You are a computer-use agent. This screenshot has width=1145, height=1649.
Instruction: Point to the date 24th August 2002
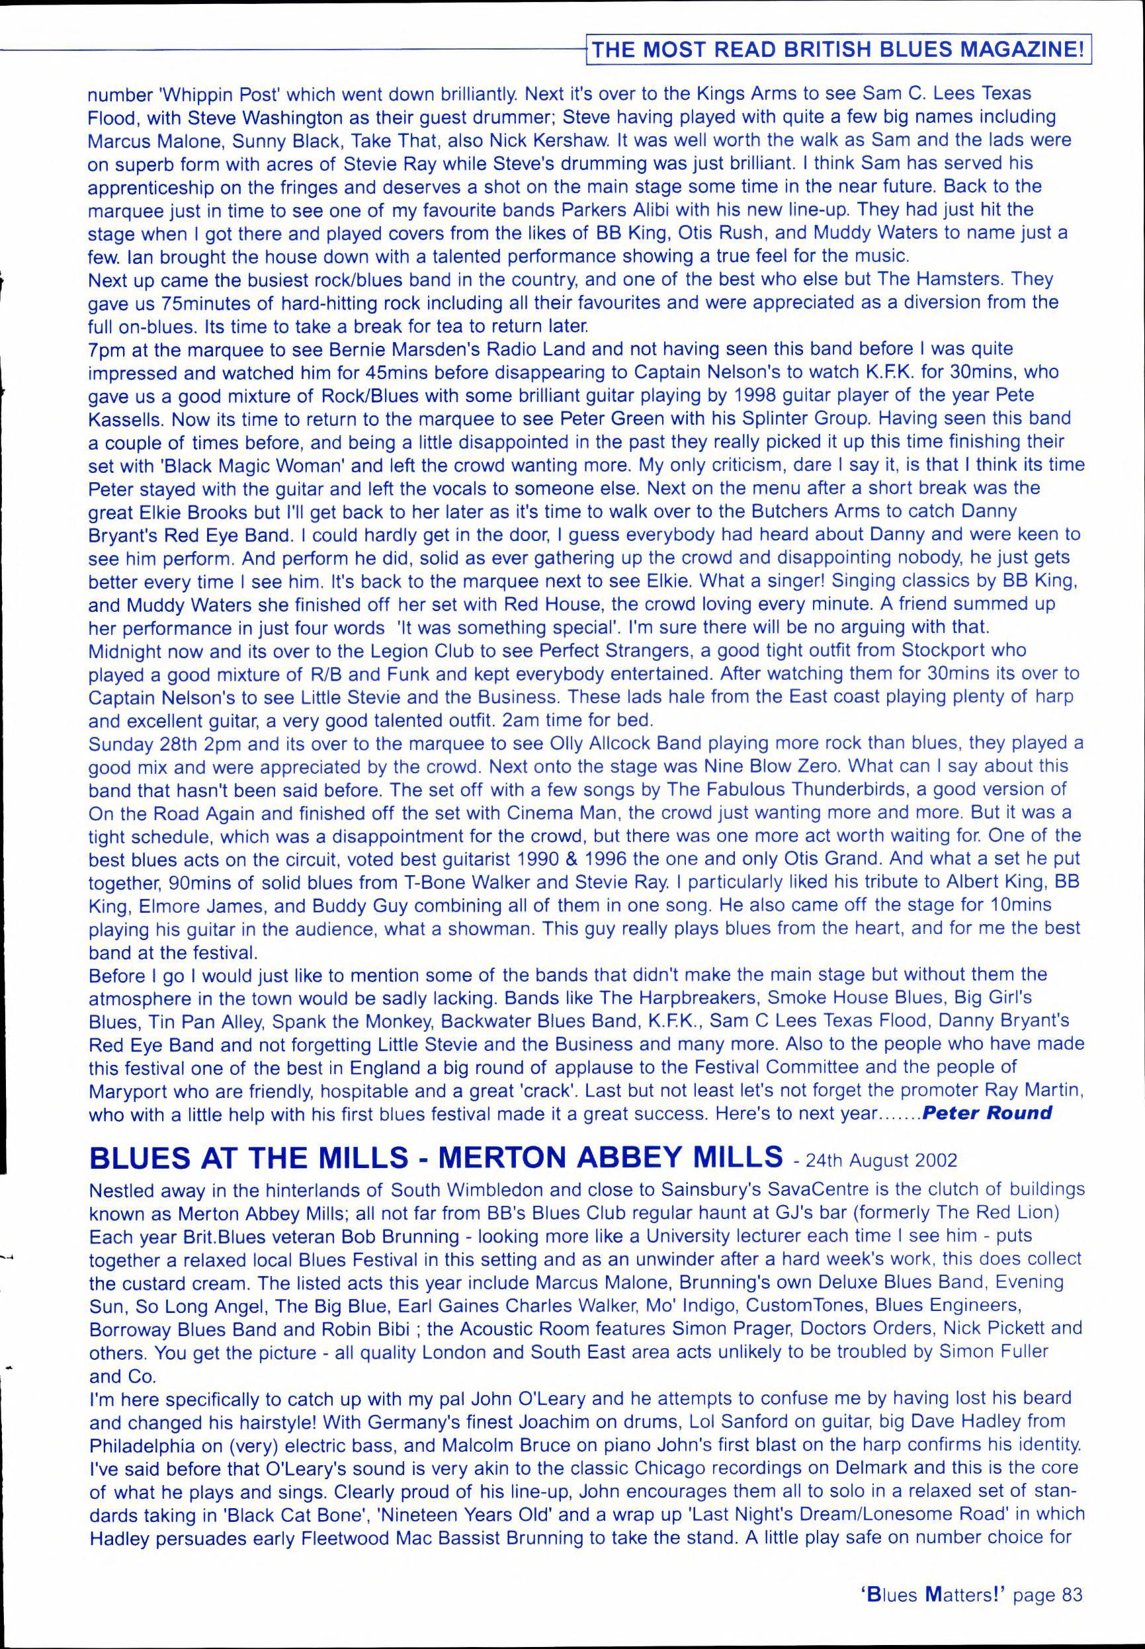(880, 1160)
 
